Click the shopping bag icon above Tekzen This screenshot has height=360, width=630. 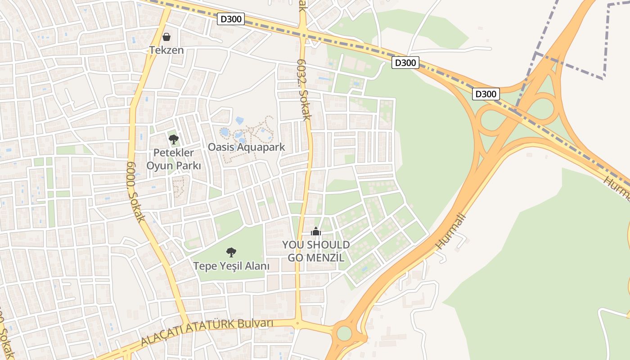[x=166, y=37]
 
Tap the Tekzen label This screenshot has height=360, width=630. [x=166, y=50]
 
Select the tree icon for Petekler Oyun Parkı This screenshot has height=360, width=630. [x=173, y=139]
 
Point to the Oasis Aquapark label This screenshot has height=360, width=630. [x=247, y=147]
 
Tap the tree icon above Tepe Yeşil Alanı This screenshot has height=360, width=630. [x=231, y=252]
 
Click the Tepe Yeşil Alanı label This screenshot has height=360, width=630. [x=231, y=266]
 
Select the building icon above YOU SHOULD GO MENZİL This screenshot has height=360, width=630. [x=316, y=232]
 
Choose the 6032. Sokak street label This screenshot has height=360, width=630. [x=305, y=90]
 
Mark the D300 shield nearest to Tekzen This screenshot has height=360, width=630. [x=231, y=19]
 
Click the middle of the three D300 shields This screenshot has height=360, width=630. [x=405, y=63]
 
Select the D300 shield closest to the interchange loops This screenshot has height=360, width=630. [x=486, y=94]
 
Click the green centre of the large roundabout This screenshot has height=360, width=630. [x=344, y=333]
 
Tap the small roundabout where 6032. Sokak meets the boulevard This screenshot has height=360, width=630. [x=297, y=323]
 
